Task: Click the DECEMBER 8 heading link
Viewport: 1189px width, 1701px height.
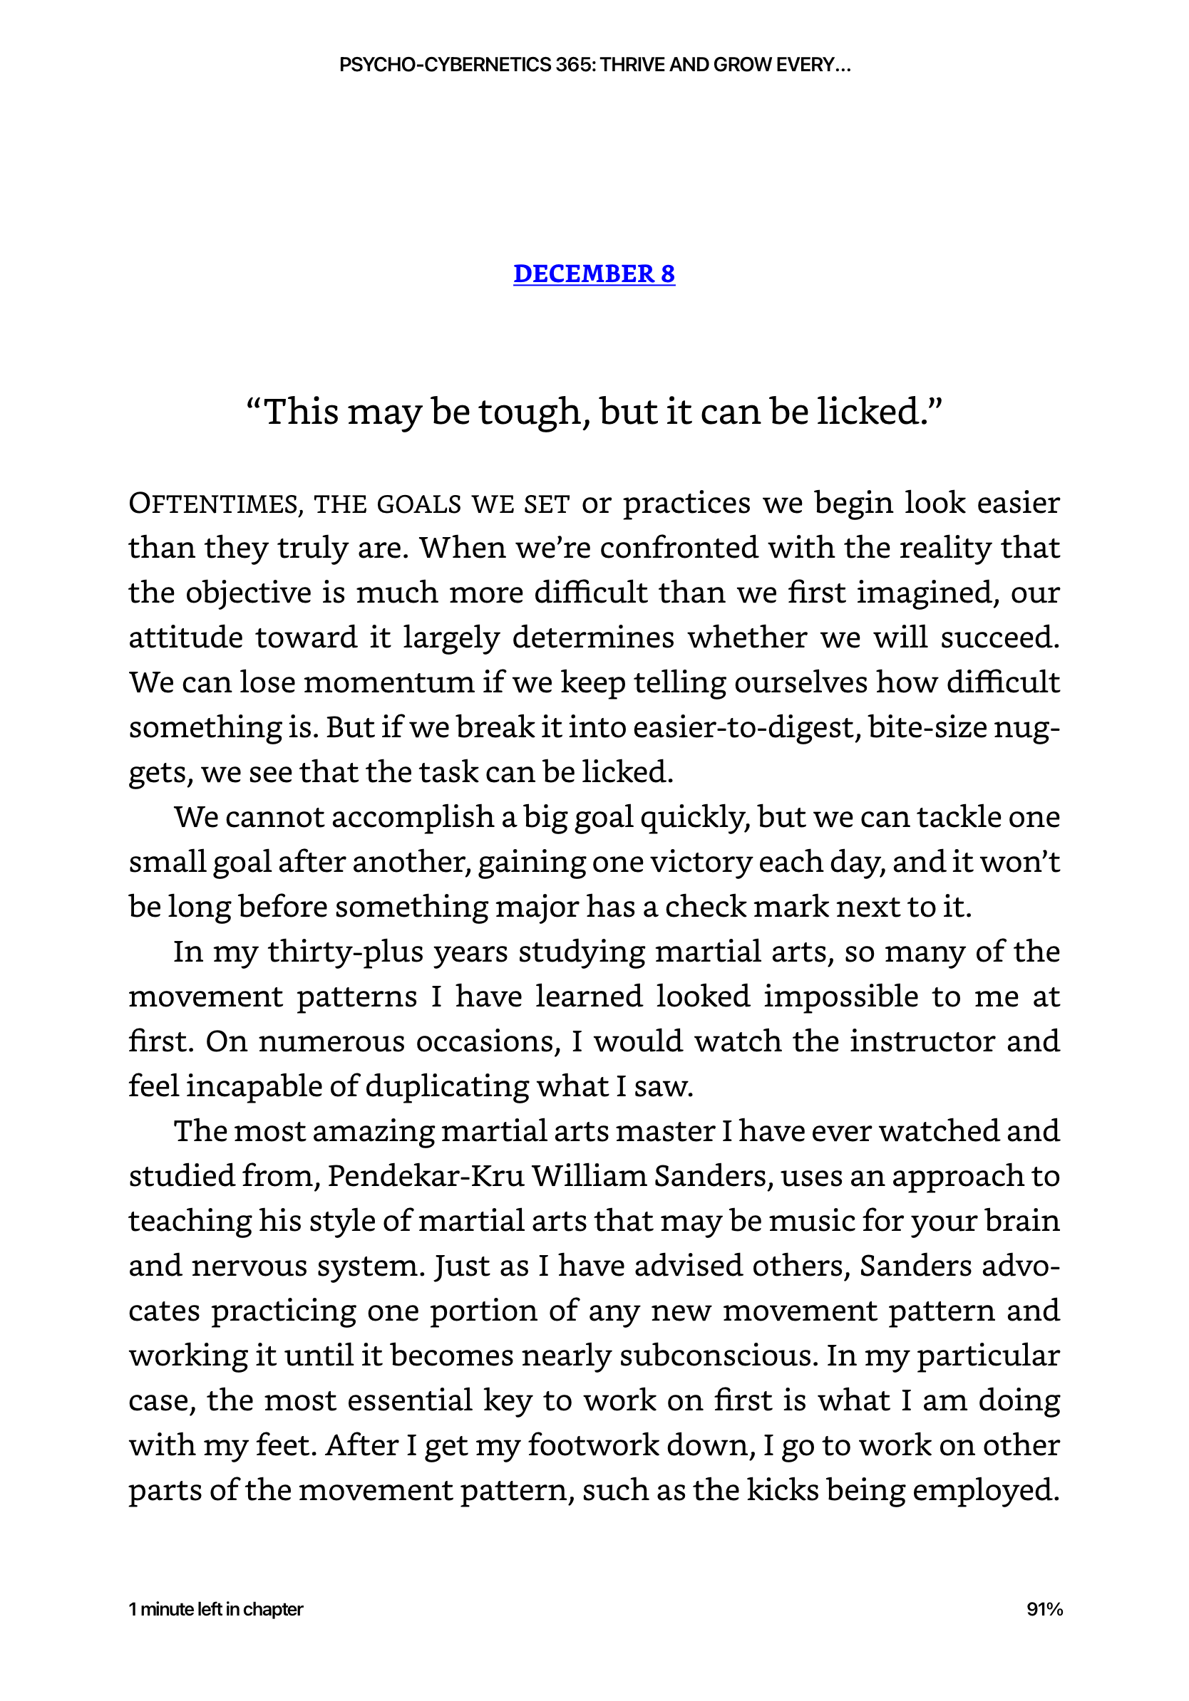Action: point(594,274)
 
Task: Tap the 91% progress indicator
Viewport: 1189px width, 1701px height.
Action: point(1044,1609)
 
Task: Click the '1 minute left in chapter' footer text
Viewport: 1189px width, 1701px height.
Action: point(216,1609)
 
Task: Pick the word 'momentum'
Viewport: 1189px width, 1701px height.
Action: point(388,682)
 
